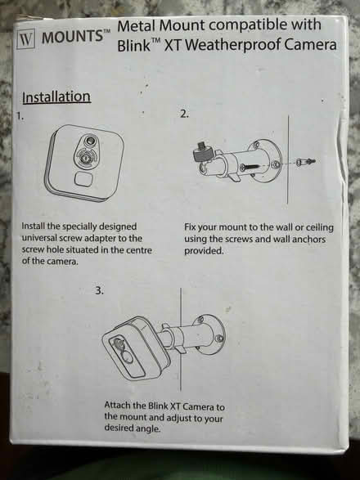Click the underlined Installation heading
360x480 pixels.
click(56, 97)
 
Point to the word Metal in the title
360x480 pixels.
click(138, 26)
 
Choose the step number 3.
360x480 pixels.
click(101, 289)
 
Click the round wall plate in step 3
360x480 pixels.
click(214, 330)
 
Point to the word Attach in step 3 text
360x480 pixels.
click(121, 406)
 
